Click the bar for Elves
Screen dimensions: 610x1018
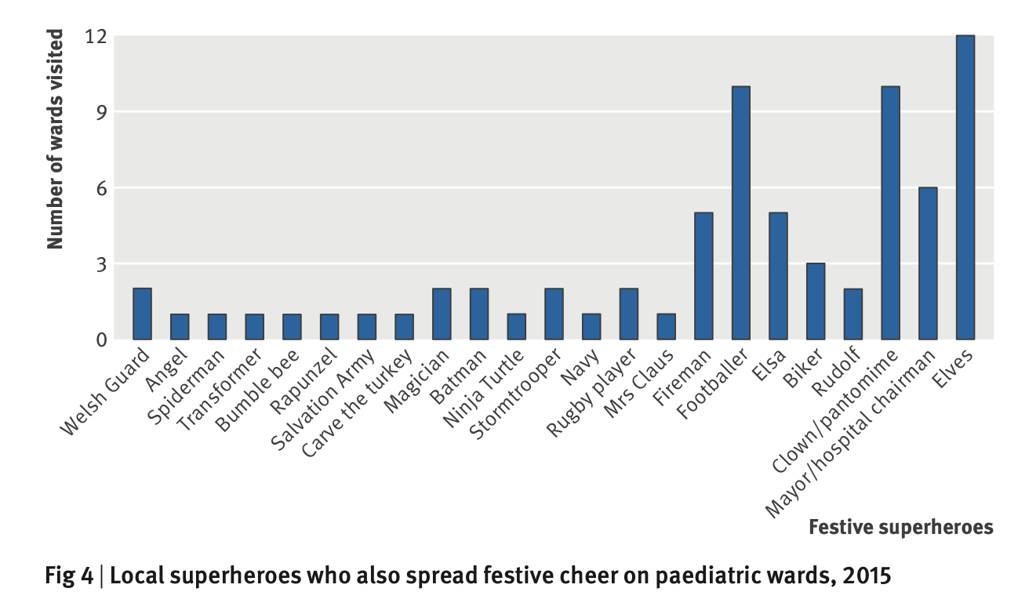click(x=965, y=187)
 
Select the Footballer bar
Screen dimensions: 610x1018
click(x=740, y=213)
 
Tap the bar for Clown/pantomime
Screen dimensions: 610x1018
click(x=890, y=213)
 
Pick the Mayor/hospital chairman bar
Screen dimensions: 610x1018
click(x=927, y=263)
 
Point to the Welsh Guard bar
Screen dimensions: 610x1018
click(x=142, y=314)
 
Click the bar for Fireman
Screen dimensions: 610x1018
click(x=704, y=276)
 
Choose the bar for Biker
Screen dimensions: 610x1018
click(x=816, y=301)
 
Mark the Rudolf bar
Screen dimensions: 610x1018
click(x=853, y=314)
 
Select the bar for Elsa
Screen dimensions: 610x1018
click(x=778, y=276)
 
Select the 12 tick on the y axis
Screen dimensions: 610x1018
click(x=96, y=36)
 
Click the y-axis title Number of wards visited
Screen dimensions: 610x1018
click(x=55, y=140)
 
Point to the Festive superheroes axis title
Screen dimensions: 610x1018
click(x=900, y=527)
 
